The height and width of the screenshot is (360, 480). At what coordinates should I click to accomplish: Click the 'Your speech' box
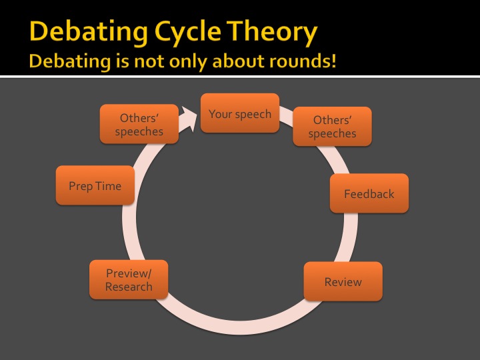coord(240,113)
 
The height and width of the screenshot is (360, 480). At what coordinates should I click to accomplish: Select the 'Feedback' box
coord(369,193)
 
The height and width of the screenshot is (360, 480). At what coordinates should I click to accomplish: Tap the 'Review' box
coord(343,281)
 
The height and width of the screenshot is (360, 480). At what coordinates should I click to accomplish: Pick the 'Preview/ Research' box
coord(129,279)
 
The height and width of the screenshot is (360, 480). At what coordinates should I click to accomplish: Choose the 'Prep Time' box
coord(95,185)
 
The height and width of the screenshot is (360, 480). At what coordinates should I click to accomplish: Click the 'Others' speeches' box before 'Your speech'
coord(139,124)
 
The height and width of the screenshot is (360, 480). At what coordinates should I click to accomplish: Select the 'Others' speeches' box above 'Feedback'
coord(333,127)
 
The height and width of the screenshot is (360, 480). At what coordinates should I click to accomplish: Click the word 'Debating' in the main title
coord(89,32)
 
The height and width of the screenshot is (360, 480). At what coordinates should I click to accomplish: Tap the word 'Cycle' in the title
coord(187,32)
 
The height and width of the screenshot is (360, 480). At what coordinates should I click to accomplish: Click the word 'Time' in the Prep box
coord(109,186)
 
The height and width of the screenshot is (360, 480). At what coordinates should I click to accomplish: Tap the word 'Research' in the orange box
coord(129,287)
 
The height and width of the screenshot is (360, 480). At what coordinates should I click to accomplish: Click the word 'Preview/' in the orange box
coord(129,273)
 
